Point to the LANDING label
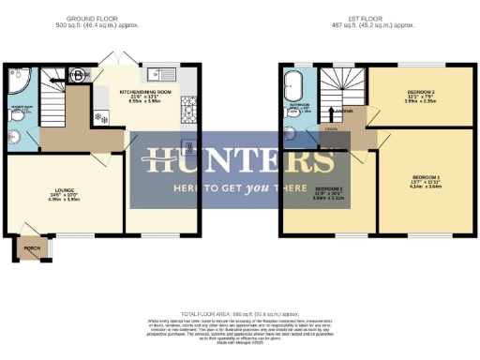(344, 112)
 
